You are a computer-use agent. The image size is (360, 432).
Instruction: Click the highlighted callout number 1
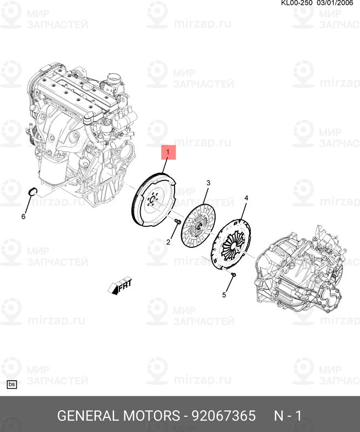pyautogui.click(x=168, y=152)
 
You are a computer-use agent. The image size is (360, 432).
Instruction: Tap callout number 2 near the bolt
pyautogui.click(x=168, y=242)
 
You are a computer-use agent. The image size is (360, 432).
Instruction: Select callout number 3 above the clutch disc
pyautogui.click(x=209, y=183)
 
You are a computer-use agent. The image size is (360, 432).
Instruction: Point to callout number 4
pyautogui.click(x=246, y=198)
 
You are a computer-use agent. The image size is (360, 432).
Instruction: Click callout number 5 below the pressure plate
pyautogui.click(x=224, y=295)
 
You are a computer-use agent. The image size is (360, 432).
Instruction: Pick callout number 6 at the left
pyautogui.click(x=23, y=217)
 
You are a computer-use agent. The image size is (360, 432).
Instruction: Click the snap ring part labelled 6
pyautogui.click(x=33, y=191)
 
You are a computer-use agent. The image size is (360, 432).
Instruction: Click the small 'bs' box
pyautogui.click(x=12, y=384)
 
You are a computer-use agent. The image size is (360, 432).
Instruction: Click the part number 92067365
pyautogui.click(x=224, y=415)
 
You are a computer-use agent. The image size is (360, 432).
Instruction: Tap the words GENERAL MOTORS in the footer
pyautogui.click(x=118, y=415)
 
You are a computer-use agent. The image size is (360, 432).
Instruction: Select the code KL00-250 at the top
pyautogui.click(x=297, y=3)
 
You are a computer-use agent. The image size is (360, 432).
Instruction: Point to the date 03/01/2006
pyautogui.click(x=335, y=3)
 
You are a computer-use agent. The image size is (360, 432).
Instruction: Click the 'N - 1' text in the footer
pyautogui.click(x=288, y=415)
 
